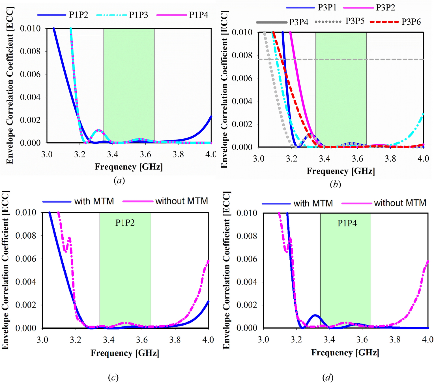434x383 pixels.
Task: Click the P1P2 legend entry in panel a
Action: (78, 15)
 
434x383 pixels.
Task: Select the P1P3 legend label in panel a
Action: (138, 15)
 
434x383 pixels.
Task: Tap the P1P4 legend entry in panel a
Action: (199, 15)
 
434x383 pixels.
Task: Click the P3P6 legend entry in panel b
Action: (411, 22)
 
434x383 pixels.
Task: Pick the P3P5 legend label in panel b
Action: (355, 21)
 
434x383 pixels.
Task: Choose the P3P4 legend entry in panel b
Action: (298, 22)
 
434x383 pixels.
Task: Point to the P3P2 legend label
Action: (385, 8)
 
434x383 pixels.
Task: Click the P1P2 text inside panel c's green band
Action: (125, 223)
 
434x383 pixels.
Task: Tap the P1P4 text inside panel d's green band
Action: (347, 223)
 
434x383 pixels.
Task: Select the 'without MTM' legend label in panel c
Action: (181, 201)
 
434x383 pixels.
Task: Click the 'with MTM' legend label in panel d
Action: (313, 203)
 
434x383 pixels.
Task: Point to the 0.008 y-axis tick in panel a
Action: (30, 51)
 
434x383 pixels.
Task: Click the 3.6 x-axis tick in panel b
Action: (357, 159)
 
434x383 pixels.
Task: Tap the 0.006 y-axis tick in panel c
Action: (26, 259)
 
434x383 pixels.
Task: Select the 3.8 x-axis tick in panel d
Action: (395, 339)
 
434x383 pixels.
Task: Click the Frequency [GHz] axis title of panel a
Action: (129, 167)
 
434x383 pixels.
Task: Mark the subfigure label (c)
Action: (113, 377)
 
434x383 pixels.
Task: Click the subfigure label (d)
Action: (328, 377)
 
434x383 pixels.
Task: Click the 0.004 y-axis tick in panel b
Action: (242, 101)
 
